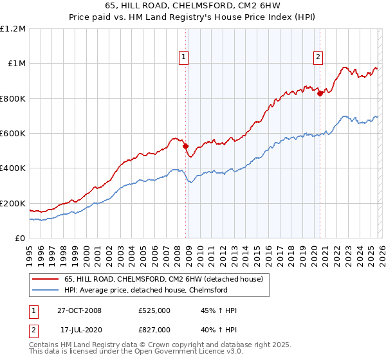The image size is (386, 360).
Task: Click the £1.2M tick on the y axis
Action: coord(14,28)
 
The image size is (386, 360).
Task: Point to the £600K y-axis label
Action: coord(14,133)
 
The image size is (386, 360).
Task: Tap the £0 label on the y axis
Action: coord(20,238)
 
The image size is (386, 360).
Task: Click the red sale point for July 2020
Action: coord(320,93)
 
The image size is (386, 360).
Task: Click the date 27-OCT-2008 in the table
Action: coord(79,310)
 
